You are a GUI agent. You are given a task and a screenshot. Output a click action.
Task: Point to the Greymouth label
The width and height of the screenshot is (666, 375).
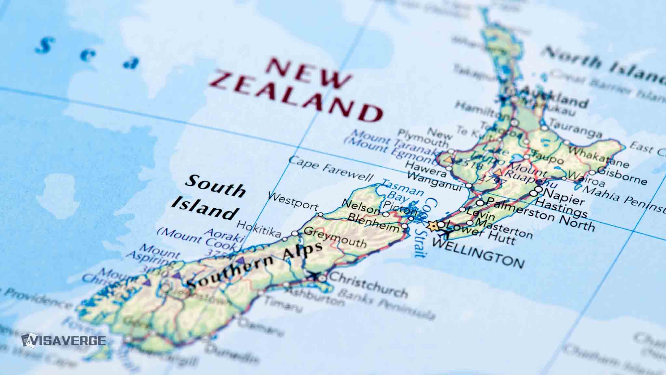click(335, 237)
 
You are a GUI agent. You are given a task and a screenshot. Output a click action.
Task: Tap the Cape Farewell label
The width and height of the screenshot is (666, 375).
click(331, 168)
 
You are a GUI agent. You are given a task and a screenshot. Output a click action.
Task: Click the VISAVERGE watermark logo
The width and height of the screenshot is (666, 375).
click(63, 340)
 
